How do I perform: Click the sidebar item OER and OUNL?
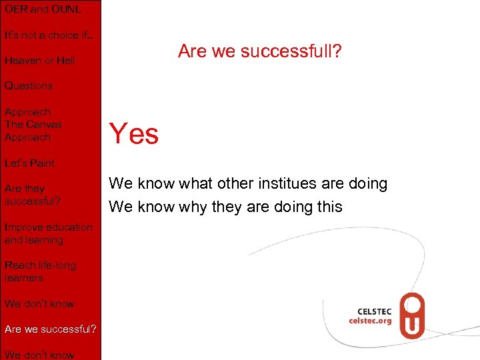[x=43, y=9]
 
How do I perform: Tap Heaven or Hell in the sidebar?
[x=39, y=61]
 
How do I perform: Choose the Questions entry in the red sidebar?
[x=28, y=86]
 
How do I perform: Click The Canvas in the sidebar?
[x=33, y=125]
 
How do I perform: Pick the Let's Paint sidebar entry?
[x=29, y=163]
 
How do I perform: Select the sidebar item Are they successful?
[x=33, y=195]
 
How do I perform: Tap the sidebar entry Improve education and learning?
[x=48, y=233]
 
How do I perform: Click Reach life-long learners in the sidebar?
[x=40, y=271]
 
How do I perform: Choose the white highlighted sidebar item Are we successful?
[x=50, y=329]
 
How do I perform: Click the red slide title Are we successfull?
[x=259, y=51]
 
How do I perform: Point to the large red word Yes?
[x=133, y=134]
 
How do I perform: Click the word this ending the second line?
[x=329, y=207]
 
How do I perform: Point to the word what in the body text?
[x=197, y=183]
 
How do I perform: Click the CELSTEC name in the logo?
[x=375, y=311]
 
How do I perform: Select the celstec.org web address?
[x=371, y=321]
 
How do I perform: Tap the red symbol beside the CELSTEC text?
[x=412, y=316]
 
